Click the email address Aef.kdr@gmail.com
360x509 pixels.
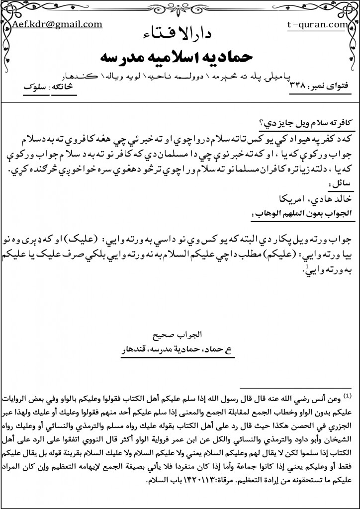click(57, 24)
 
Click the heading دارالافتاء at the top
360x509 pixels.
click(180, 35)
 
